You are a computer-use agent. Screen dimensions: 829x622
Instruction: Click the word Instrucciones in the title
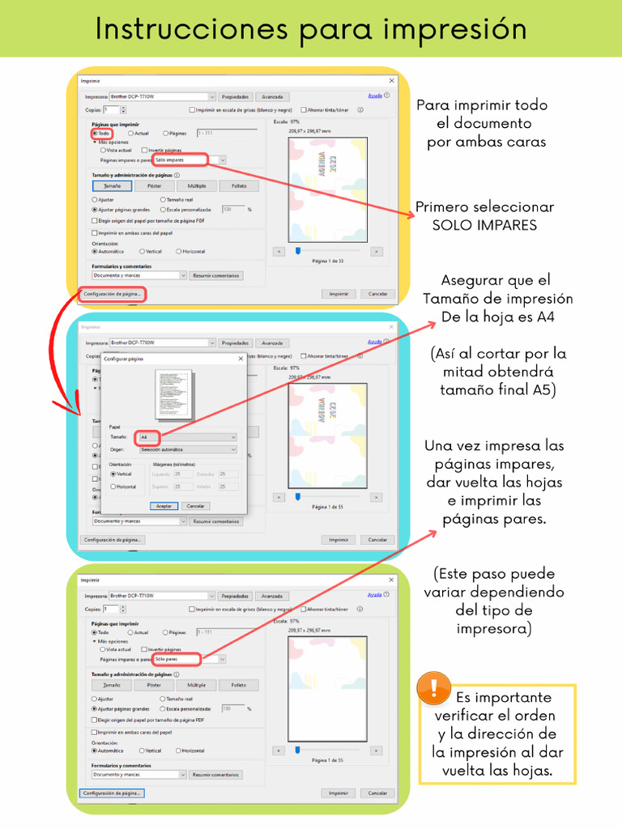point(191,29)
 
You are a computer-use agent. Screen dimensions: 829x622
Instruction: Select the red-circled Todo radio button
point(95,134)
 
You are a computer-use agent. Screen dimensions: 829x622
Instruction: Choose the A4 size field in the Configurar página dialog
point(188,436)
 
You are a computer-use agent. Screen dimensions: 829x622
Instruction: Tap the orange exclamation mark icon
point(434,689)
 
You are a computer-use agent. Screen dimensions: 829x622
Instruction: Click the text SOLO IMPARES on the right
point(484,225)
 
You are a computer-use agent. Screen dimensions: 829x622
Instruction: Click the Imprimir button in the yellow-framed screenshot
point(338,294)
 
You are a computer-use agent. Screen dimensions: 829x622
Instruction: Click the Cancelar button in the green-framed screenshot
point(377,793)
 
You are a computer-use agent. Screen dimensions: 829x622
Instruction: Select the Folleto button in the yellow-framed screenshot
point(238,186)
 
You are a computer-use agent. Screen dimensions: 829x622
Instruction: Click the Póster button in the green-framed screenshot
point(154,685)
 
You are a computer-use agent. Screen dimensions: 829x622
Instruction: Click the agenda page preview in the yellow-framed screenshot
point(328,189)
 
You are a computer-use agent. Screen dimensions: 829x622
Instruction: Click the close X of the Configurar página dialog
point(241,358)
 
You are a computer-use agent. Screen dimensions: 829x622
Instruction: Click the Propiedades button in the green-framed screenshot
point(236,595)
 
